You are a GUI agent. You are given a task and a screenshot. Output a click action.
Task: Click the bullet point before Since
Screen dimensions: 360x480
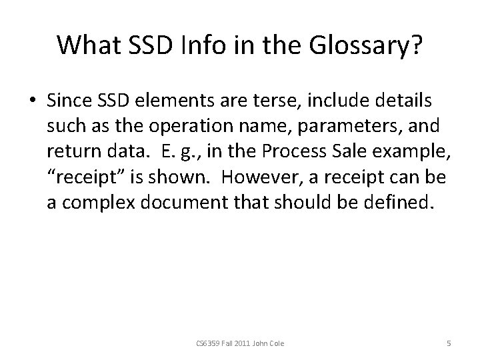pyautogui.click(x=32, y=101)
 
